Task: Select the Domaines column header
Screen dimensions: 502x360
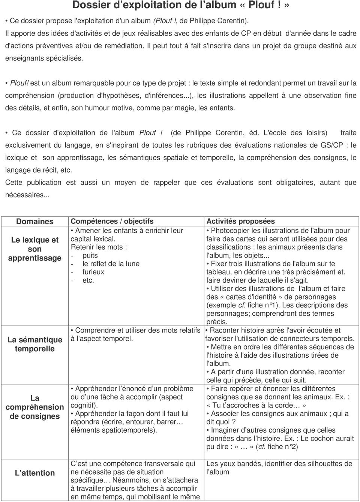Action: pos(34,222)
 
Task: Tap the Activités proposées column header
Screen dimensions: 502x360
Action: pos(240,222)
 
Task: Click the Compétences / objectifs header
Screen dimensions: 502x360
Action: pos(112,222)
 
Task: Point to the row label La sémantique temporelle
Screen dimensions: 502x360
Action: pos(35,344)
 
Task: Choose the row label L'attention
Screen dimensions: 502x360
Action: pos(35,473)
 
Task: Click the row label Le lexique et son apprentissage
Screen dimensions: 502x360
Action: pos(35,249)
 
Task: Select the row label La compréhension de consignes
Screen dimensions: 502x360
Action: pos(35,407)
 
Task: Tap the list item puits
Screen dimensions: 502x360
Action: pos(90,256)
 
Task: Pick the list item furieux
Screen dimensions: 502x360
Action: pos(93,272)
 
